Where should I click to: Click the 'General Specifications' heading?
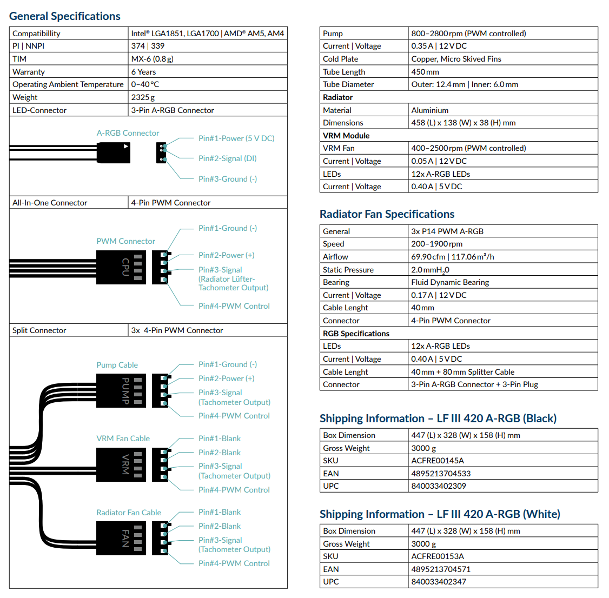(x=65, y=16)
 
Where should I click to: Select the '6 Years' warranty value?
(x=143, y=72)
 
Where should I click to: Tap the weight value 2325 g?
(x=143, y=97)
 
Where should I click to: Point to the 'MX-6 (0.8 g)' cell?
(x=153, y=59)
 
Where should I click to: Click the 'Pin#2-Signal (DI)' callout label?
(x=227, y=158)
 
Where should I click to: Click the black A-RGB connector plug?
(x=113, y=152)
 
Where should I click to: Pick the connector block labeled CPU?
(x=121, y=267)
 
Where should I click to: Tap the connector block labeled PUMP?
(x=121, y=390)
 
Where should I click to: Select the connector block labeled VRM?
(x=121, y=465)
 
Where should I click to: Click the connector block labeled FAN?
(x=121, y=538)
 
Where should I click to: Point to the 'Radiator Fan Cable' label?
(x=129, y=513)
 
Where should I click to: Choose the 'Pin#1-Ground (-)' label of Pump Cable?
(x=228, y=364)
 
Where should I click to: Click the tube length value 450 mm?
(x=425, y=72)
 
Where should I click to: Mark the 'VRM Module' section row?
(x=459, y=136)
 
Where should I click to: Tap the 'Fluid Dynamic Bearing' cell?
(x=450, y=282)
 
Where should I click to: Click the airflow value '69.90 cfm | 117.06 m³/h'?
(x=453, y=257)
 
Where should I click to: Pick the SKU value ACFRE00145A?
(x=438, y=461)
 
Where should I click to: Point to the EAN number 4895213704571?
(x=441, y=569)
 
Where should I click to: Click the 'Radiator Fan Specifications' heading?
(x=387, y=214)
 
